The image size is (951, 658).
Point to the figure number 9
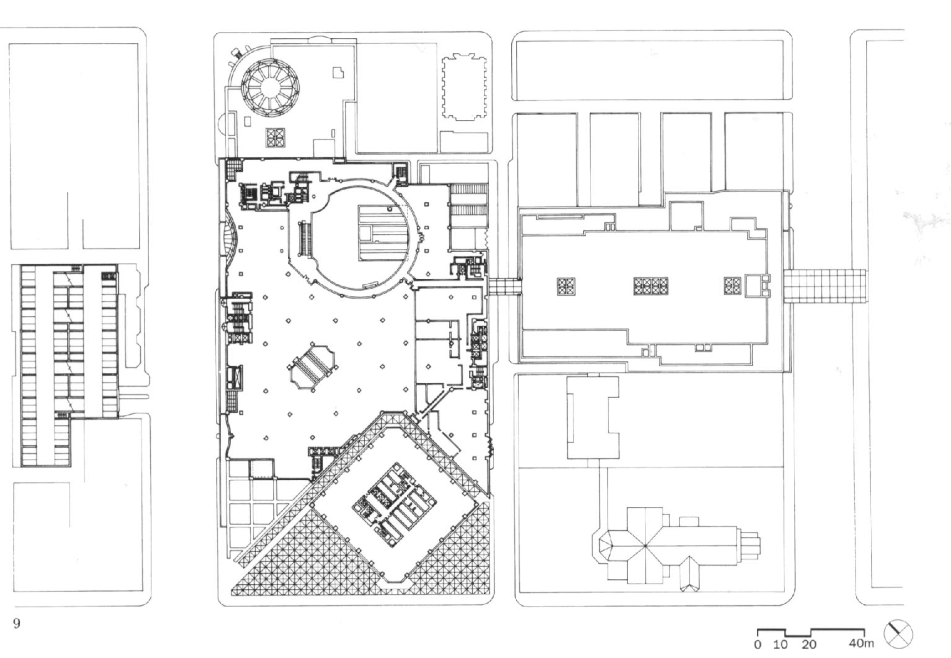16,623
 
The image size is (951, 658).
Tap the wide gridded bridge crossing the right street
825,286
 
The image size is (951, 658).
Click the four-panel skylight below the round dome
275,138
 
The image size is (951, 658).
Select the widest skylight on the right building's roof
650,286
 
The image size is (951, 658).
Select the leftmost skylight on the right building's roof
566,286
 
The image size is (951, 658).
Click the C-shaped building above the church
593,417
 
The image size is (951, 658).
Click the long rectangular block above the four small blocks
651,70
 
